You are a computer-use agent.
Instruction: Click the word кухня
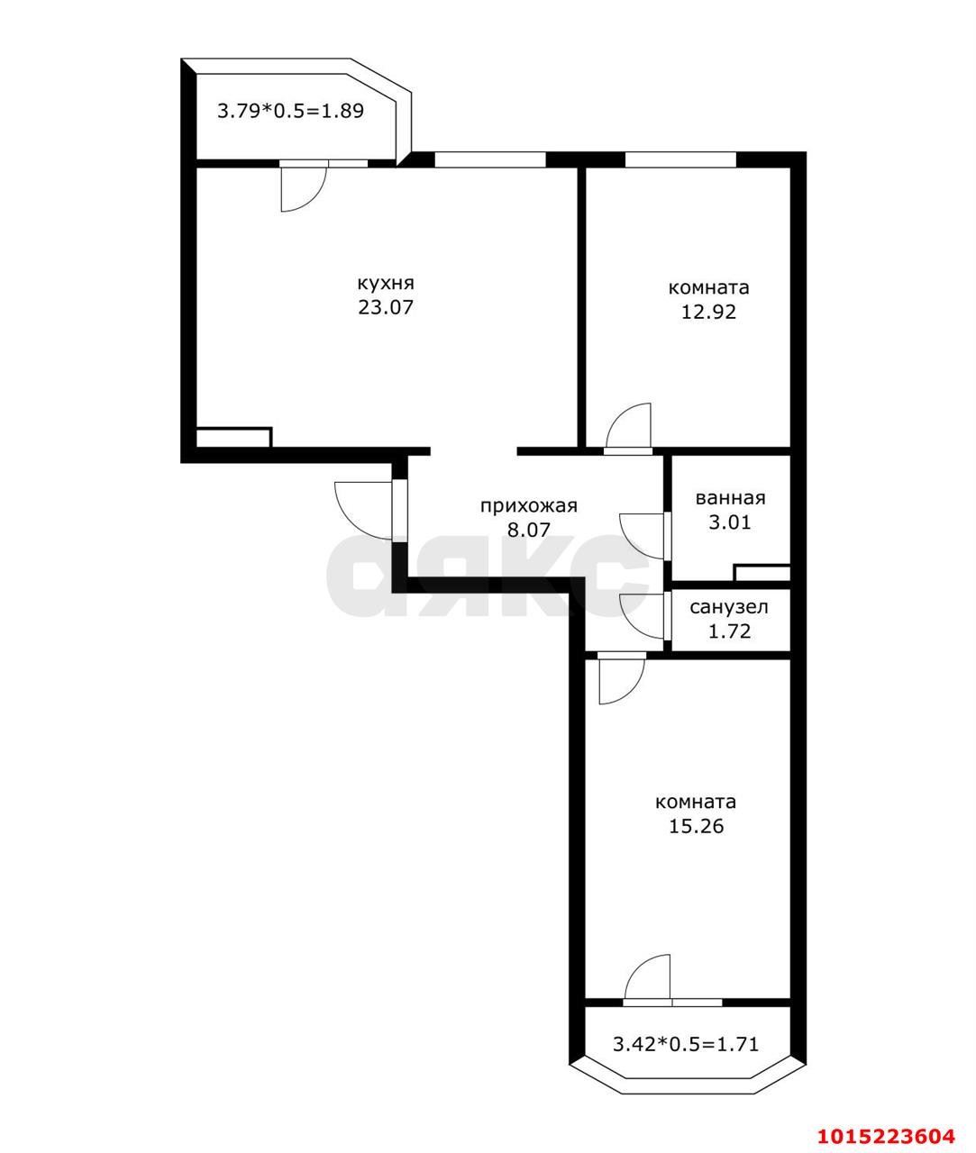pos(386,284)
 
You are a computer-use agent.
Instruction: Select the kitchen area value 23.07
pos(386,307)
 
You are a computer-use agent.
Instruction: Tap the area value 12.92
pos(708,312)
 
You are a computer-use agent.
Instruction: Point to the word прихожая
pos(528,506)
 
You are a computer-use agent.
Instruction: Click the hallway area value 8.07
pos(528,530)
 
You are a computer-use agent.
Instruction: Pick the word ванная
pos(730,498)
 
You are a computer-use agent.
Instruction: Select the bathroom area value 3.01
pos(730,522)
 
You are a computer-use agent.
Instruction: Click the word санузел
pos(729,607)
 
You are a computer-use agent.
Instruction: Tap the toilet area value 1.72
pos(729,631)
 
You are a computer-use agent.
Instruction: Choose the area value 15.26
pos(696,825)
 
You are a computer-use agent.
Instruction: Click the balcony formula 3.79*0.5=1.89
pos(290,111)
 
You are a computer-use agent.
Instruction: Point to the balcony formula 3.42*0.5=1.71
pos(686,1043)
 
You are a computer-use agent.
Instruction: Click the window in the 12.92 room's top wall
pos(680,159)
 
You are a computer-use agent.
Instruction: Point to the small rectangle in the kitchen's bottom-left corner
pos(233,437)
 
